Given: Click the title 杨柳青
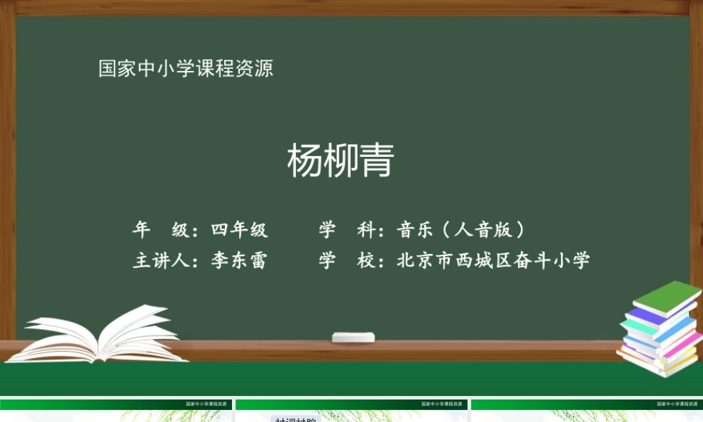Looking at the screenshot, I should click(x=340, y=161).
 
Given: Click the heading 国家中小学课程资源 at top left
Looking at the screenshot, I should click(x=186, y=69).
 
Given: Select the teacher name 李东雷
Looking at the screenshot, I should click(x=239, y=261).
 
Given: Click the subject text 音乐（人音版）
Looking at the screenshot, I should click(x=461, y=230).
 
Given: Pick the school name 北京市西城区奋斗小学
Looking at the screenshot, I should click(x=494, y=261).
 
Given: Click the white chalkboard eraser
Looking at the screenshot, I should click(x=354, y=338).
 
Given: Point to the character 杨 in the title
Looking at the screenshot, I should click(x=304, y=161).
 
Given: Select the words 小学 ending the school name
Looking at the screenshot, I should click(x=572, y=261).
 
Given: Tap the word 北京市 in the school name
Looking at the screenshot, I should click(x=425, y=261).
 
